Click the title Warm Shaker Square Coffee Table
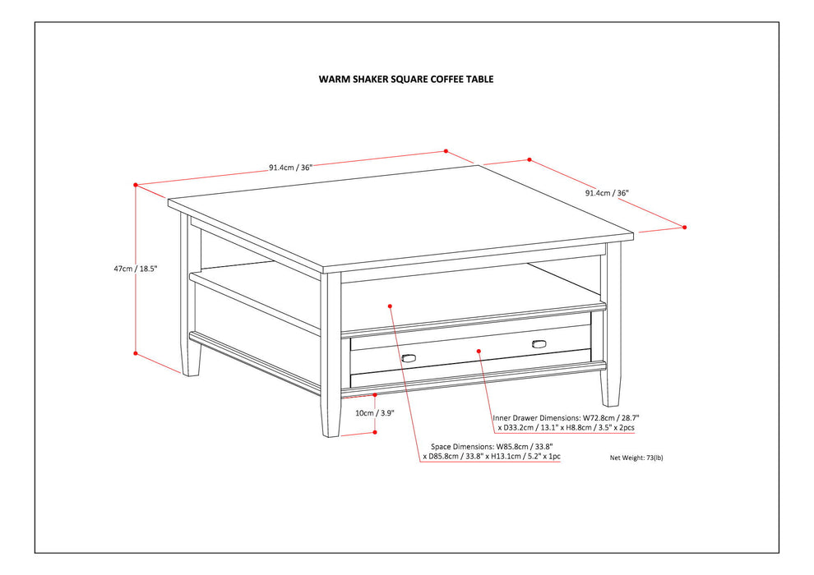pos(406,80)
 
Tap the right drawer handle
pos(539,343)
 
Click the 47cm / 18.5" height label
pos(135,269)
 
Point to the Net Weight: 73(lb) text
pos(636,458)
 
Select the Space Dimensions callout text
pos(492,450)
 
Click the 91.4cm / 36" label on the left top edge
pos(290,168)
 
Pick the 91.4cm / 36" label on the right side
pos(607,194)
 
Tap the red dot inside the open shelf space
pos(390,306)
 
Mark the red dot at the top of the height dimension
pos(136,185)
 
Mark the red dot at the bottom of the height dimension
pos(136,353)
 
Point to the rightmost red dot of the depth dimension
pos(685,227)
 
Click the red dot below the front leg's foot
pos(375,431)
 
